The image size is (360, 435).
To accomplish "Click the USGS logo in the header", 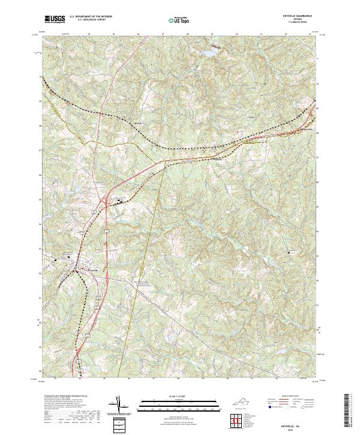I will click(55, 20).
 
